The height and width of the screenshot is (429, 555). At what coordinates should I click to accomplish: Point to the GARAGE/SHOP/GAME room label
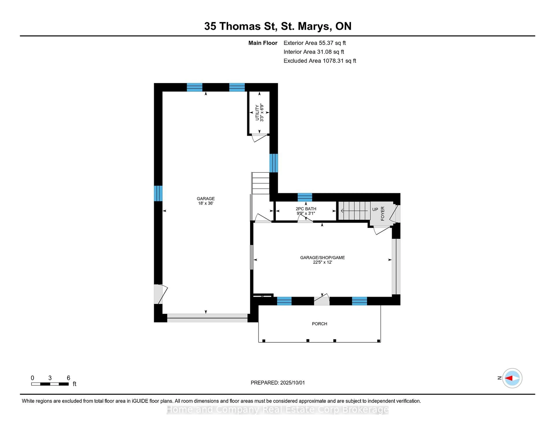pyautogui.click(x=322, y=259)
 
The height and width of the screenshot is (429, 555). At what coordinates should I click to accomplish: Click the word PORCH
pyautogui.click(x=319, y=323)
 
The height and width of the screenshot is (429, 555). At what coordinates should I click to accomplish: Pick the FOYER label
pyautogui.click(x=382, y=213)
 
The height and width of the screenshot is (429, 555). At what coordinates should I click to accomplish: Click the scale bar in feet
pyautogui.click(x=50, y=384)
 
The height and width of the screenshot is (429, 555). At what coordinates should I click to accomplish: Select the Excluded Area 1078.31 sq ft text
pyautogui.click(x=320, y=61)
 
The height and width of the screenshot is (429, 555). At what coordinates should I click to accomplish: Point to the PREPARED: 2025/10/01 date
pyautogui.click(x=277, y=382)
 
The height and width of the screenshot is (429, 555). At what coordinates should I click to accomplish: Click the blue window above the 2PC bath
pyautogui.click(x=305, y=197)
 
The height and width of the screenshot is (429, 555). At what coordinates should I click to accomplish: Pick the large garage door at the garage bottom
pyautogui.click(x=207, y=318)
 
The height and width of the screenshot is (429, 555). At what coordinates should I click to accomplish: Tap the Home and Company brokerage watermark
pyautogui.click(x=277, y=409)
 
